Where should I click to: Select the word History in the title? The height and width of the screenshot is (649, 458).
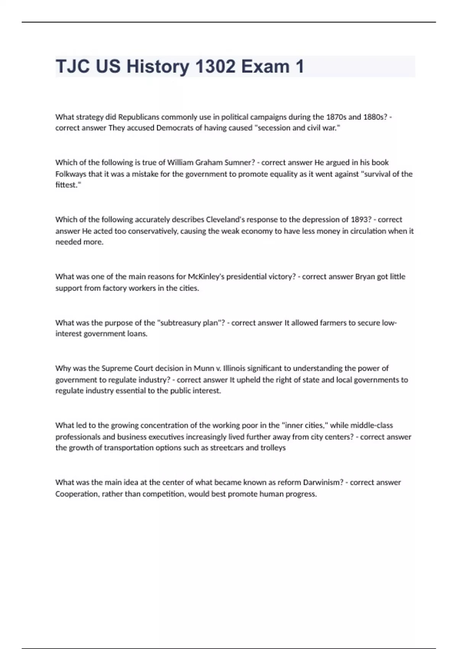point(158,66)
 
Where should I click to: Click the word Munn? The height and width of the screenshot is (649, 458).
point(204,368)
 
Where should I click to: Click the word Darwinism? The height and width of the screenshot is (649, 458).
point(321,483)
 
